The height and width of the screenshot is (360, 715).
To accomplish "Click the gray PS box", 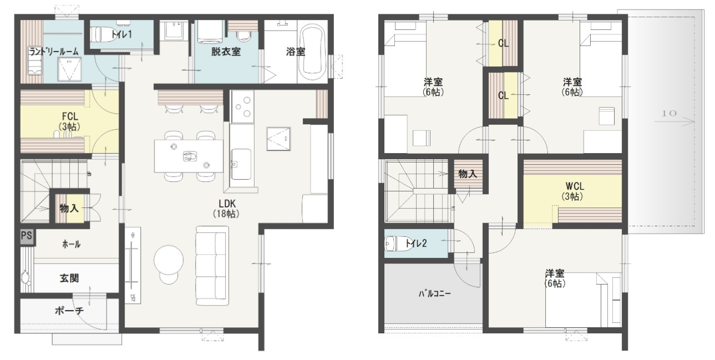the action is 27,236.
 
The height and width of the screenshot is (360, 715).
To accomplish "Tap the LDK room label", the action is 227,204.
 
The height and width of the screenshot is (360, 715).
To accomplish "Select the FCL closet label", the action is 70,116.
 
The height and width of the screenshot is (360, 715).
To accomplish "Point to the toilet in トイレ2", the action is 394,244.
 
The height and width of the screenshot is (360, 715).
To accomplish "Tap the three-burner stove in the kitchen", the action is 242,107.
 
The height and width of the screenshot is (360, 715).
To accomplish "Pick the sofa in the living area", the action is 212,266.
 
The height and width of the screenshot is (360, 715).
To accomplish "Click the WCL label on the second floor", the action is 575,186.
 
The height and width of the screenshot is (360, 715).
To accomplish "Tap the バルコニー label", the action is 435,293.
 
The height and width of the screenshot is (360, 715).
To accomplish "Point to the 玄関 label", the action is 69,278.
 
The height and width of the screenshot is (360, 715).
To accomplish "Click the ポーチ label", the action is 69,311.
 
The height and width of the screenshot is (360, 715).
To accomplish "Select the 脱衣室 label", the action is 226,52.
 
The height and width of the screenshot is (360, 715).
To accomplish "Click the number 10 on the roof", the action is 668,113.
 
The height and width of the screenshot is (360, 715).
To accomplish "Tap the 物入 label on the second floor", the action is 468,174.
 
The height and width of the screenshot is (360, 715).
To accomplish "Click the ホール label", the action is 71,245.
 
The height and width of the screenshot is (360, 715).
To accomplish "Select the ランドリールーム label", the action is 54,52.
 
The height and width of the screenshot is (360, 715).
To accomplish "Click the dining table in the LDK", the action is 189,156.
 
